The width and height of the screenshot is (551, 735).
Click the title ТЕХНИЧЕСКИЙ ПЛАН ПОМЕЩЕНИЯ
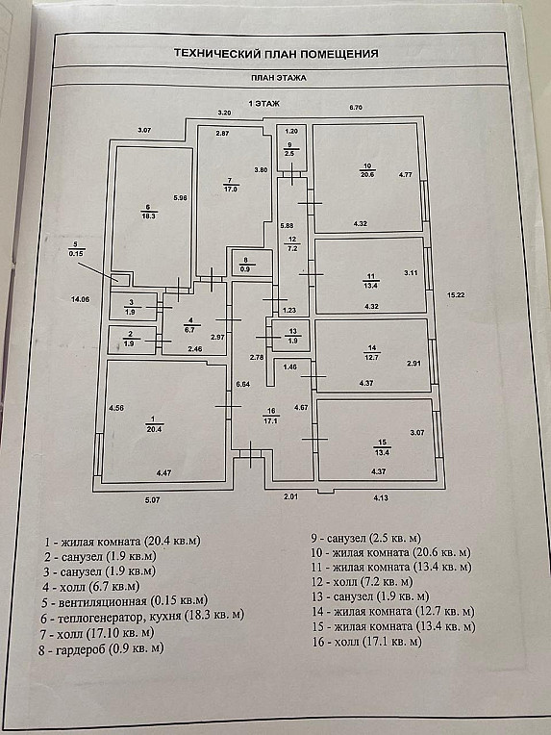[276, 54]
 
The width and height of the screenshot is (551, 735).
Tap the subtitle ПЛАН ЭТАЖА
[278, 78]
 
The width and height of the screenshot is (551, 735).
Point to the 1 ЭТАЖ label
[263, 103]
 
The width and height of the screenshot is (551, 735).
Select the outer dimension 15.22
[455, 294]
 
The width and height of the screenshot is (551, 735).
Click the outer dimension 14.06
[80, 299]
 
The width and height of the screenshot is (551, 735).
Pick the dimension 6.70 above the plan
[356, 108]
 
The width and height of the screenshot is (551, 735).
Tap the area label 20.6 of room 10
[367, 174]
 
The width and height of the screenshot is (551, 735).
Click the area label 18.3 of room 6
[148, 216]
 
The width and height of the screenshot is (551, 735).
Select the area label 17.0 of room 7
[230, 190]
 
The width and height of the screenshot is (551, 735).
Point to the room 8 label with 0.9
[246, 265]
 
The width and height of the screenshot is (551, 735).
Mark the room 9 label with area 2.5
[289, 149]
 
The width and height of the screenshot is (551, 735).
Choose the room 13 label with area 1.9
[292, 336]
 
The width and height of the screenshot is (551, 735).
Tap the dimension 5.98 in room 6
[180, 198]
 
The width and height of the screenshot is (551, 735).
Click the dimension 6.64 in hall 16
[243, 384]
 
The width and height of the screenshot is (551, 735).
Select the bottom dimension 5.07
[152, 500]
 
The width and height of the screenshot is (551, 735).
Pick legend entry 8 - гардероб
[101, 649]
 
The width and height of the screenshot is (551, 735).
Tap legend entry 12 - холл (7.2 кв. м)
[363, 582]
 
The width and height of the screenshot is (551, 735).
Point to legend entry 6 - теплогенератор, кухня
[142, 616]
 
